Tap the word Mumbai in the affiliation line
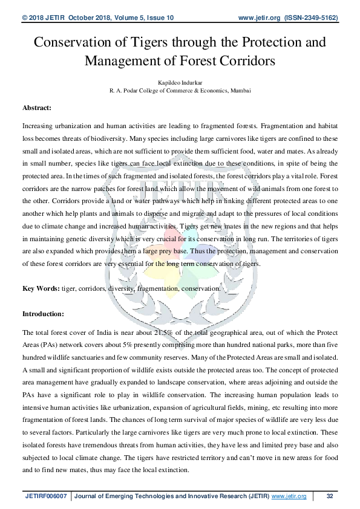[x=238, y=89]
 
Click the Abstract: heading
[x=37, y=108]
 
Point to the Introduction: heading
[x=43, y=314]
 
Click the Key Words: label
[x=41, y=289]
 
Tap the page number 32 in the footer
[x=330, y=496]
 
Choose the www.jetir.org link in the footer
[x=290, y=496]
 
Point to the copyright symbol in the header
[x=25, y=18]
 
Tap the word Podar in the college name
[x=129, y=89]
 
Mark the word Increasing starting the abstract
[x=40, y=126]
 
